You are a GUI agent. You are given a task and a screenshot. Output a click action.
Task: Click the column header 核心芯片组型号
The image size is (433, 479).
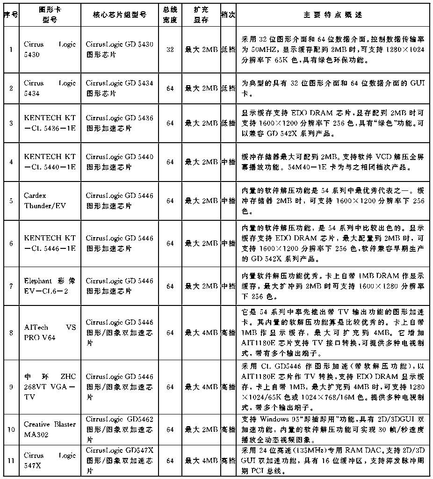coord(120,15)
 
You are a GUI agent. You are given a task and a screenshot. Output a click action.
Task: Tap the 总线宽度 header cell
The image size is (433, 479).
coord(170,15)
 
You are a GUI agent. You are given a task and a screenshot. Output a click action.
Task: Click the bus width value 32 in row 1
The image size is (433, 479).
coord(170,49)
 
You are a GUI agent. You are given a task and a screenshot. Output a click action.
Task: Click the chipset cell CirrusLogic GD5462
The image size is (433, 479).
coord(120,429)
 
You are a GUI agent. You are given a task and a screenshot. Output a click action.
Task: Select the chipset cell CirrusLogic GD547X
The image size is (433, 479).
coord(120,461)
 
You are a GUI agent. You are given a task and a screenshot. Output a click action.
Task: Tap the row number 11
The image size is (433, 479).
coord(11,461)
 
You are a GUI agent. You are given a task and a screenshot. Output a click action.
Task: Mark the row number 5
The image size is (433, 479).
coord(11,200)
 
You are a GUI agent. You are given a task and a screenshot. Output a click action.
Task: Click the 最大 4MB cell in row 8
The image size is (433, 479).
coord(201,333)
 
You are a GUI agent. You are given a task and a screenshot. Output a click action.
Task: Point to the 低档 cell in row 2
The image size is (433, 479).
coord(228,88)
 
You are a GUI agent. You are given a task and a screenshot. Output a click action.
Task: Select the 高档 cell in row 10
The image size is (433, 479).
coord(228,429)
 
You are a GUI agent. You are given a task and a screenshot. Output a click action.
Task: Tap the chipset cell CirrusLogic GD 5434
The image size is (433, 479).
coord(120,88)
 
